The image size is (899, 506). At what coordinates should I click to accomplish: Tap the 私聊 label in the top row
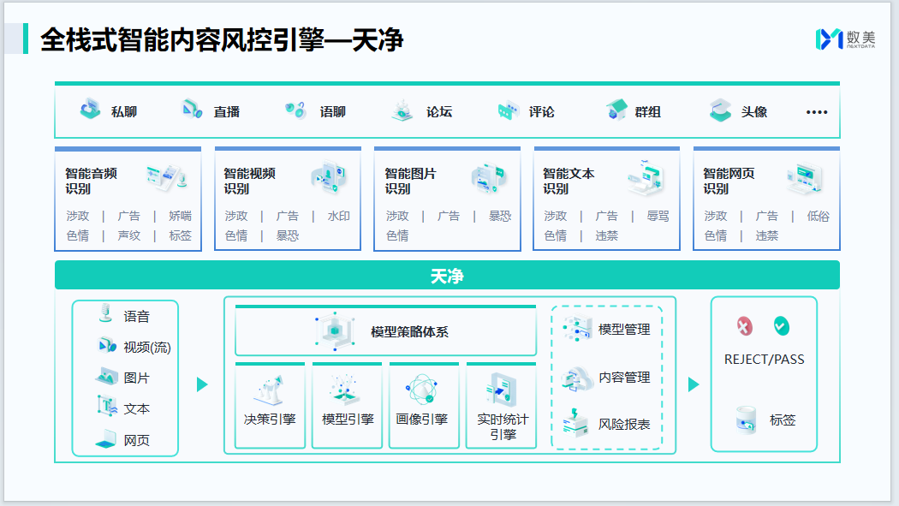point(124,112)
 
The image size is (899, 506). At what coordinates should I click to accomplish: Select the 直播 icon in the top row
point(191,110)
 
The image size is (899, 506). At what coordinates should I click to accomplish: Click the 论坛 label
point(439,112)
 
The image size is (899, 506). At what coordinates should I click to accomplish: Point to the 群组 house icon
point(616,110)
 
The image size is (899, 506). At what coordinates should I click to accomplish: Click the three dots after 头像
point(817,112)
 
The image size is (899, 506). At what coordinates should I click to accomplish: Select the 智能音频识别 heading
point(92,181)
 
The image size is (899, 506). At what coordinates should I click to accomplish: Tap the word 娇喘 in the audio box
point(180,216)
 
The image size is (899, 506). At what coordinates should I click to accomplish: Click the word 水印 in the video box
point(339,216)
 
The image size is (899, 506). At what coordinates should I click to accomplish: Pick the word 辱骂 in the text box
point(658,216)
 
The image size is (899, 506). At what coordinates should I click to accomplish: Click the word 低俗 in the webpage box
point(819,216)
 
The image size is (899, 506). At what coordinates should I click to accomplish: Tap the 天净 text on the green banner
point(447,277)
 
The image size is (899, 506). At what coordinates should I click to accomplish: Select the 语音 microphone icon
point(106,313)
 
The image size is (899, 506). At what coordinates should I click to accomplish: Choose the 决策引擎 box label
point(270,419)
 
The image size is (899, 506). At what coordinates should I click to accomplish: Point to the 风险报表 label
point(624,424)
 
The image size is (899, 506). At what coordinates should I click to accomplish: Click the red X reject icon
point(745,326)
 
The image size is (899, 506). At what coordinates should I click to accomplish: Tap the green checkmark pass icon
point(781,325)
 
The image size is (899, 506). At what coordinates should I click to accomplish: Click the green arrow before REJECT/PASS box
point(694,384)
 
